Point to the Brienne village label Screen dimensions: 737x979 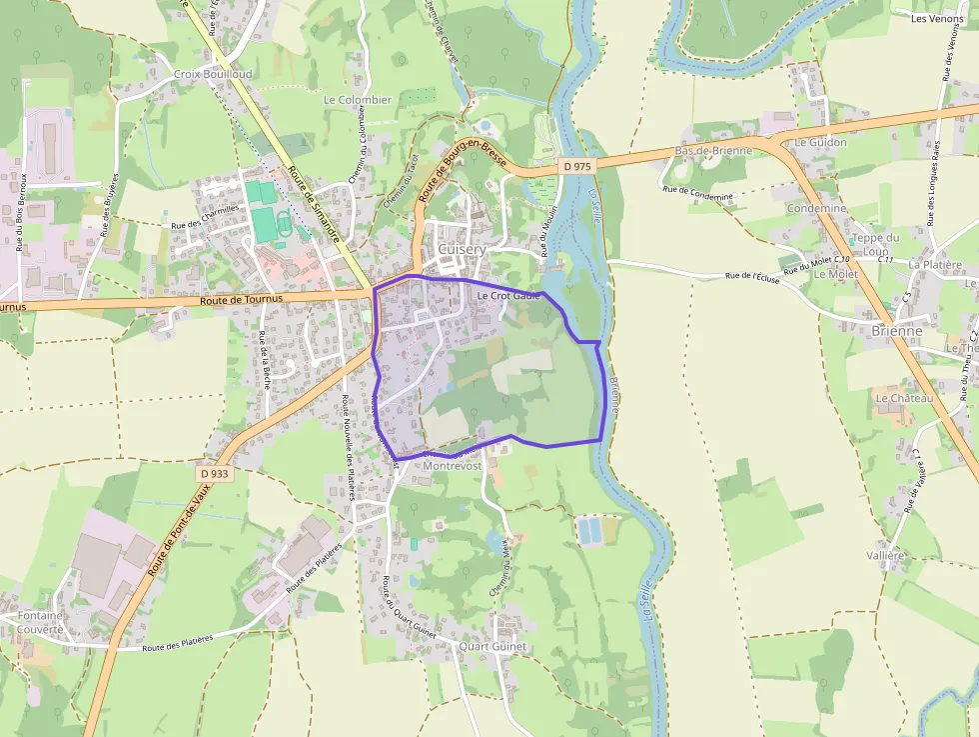tap(896, 331)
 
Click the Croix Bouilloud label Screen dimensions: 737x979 tap(213, 75)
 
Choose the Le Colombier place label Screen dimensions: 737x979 tap(357, 100)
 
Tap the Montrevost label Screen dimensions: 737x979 tap(453, 466)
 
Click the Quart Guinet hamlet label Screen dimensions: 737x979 tap(493, 647)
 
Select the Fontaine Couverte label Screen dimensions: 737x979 tap(41, 622)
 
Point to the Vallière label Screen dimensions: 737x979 tap(885, 555)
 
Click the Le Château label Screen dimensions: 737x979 tap(904, 398)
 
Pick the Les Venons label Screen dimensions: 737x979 tap(937, 18)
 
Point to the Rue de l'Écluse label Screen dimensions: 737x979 tap(752, 275)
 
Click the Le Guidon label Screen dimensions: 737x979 tap(820, 142)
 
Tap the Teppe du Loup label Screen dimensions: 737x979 tap(876, 244)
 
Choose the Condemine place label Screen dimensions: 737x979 tap(816, 208)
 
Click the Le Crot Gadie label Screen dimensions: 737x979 tap(508, 296)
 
